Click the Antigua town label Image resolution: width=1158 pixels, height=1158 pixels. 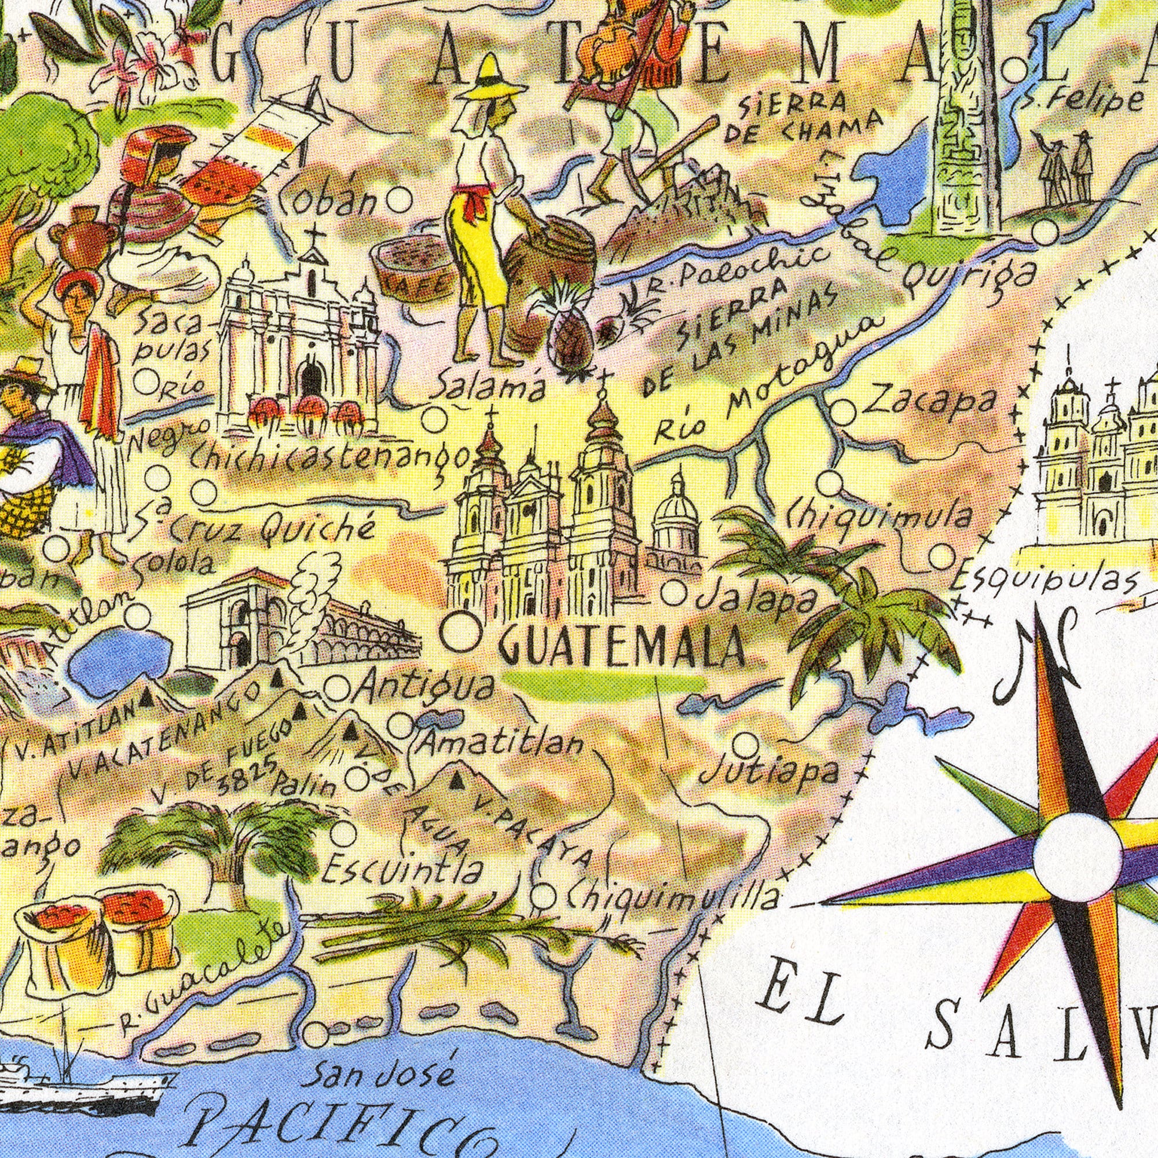tap(426, 688)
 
